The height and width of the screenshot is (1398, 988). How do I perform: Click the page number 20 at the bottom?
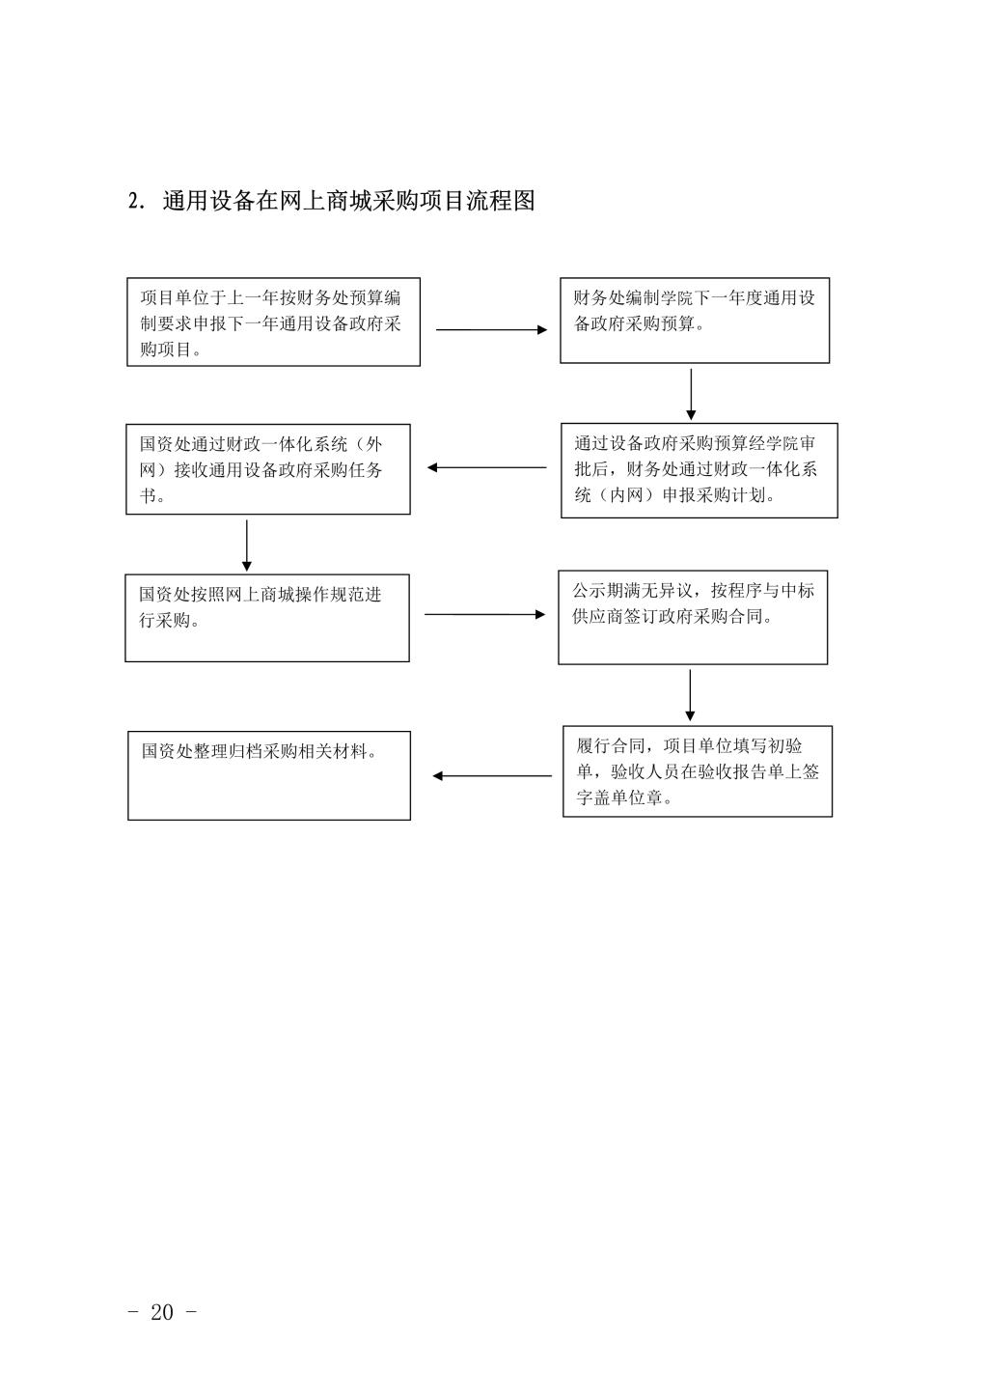[161, 1312]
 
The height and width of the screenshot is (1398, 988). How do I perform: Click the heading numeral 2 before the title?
[133, 202]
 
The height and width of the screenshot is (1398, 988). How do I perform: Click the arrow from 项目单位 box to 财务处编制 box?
[491, 329]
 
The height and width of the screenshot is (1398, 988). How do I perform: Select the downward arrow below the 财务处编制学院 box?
[691, 394]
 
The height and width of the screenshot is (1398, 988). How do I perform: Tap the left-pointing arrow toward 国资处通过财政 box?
[486, 467]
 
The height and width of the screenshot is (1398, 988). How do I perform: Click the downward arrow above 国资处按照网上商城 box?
[246, 545]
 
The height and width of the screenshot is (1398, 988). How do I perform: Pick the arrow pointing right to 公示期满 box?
[484, 615]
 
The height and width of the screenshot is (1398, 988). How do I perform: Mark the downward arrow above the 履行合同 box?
[690, 695]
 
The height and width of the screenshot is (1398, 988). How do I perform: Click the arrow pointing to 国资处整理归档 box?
[492, 776]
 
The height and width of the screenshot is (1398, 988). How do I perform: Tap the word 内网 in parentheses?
[626, 495]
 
